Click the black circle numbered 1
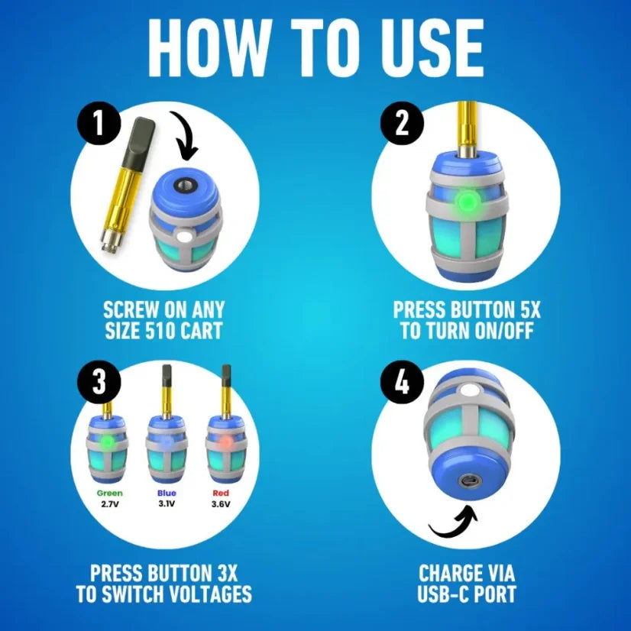pos(99,123)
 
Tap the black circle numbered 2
pos(402,123)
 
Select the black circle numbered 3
pos(99,382)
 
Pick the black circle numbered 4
pos(402,382)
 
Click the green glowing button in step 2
pos(468,200)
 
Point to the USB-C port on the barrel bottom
pos(468,481)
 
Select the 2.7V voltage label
pos(110,504)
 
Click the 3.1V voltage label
pos(167,503)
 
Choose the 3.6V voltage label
pos(221,504)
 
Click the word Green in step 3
pos(110,493)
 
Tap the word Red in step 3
pos(221,493)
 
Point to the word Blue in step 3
pos(167,493)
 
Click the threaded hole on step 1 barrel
pos(185,185)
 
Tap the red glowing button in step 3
pos(227,442)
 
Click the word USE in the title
pos(420,47)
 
